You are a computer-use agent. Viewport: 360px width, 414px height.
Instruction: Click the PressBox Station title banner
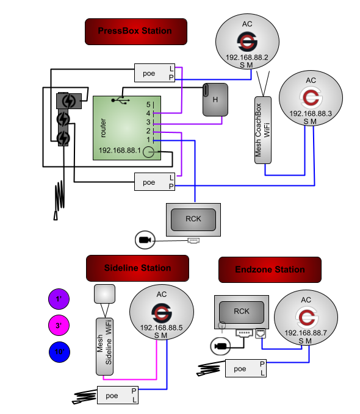(135, 31)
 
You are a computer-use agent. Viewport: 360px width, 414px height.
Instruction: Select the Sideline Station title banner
(137, 268)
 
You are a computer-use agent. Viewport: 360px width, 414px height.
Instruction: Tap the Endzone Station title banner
(270, 269)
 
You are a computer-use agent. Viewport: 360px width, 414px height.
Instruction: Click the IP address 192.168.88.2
(247, 57)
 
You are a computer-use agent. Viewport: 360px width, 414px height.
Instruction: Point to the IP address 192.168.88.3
(311, 113)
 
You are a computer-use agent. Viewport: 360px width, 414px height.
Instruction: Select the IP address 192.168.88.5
(162, 327)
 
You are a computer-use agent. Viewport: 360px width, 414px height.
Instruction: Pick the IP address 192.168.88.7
(306, 333)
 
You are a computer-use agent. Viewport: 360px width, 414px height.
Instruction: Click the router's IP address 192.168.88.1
(120, 150)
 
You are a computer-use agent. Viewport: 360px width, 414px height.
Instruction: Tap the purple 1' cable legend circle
(59, 299)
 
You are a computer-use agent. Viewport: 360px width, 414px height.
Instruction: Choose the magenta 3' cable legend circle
(59, 326)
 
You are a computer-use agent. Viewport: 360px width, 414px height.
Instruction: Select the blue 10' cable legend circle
(59, 352)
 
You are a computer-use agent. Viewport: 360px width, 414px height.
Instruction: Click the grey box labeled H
(215, 99)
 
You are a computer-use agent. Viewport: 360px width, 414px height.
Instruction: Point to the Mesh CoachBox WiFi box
(262, 130)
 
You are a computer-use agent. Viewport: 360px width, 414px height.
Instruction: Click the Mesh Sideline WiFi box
(105, 346)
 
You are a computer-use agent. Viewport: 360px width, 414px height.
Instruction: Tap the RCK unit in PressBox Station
(193, 219)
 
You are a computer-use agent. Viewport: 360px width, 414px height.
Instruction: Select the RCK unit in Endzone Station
(242, 312)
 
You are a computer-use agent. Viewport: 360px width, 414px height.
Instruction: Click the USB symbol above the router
(120, 99)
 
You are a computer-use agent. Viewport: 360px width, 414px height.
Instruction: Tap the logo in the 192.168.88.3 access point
(311, 98)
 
